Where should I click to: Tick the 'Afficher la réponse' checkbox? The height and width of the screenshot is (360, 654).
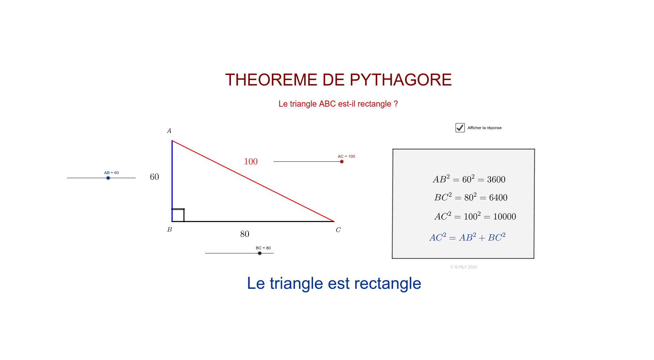pyautogui.click(x=460, y=128)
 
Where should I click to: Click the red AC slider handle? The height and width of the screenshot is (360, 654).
pyautogui.click(x=342, y=161)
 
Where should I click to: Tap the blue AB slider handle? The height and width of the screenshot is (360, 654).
pyautogui.click(x=108, y=178)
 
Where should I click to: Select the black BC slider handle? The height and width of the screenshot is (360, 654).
pyautogui.click(x=260, y=253)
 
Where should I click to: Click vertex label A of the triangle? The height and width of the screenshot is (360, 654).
pyautogui.click(x=169, y=131)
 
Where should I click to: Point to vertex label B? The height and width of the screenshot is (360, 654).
pyautogui.click(x=169, y=230)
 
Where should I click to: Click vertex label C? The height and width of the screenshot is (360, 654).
pyautogui.click(x=338, y=230)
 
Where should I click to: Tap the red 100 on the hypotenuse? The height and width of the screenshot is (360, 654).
pyautogui.click(x=251, y=161)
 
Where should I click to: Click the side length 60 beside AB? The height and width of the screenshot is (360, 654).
pyautogui.click(x=154, y=177)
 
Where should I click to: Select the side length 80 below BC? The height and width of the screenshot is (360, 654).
pyautogui.click(x=245, y=234)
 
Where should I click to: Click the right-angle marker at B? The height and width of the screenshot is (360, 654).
pyautogui.click(x=178, y=215)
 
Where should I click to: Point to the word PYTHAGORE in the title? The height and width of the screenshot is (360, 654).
pyautogui.click(x=401, y=80)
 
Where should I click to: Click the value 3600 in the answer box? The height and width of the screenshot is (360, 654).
pyautogui.click(x=496, y=179)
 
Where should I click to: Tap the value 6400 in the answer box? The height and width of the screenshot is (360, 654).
pyautogui.click(x=498, y=198)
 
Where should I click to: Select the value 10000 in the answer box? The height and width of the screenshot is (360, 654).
pyautogui.click(x=504, y=217)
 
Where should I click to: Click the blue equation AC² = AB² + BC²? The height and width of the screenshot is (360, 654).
pyautogui.click(x=467, y=237)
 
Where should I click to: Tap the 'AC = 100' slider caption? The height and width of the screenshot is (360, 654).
pyautogui.click(x=346, y=156)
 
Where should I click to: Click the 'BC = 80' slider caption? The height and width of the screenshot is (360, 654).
pyautogui.click(x=263, y=248)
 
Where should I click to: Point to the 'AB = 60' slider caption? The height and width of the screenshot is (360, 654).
pyautogui.click(x=111, y=173)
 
